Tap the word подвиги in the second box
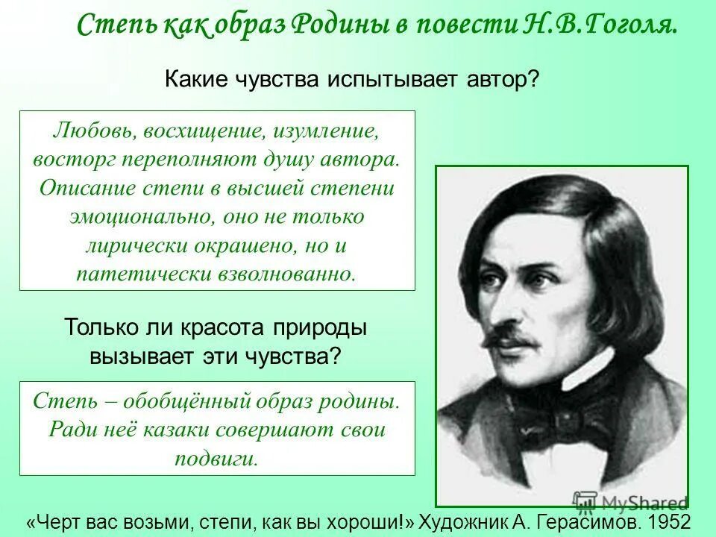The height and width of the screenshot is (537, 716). coord(216,457)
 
